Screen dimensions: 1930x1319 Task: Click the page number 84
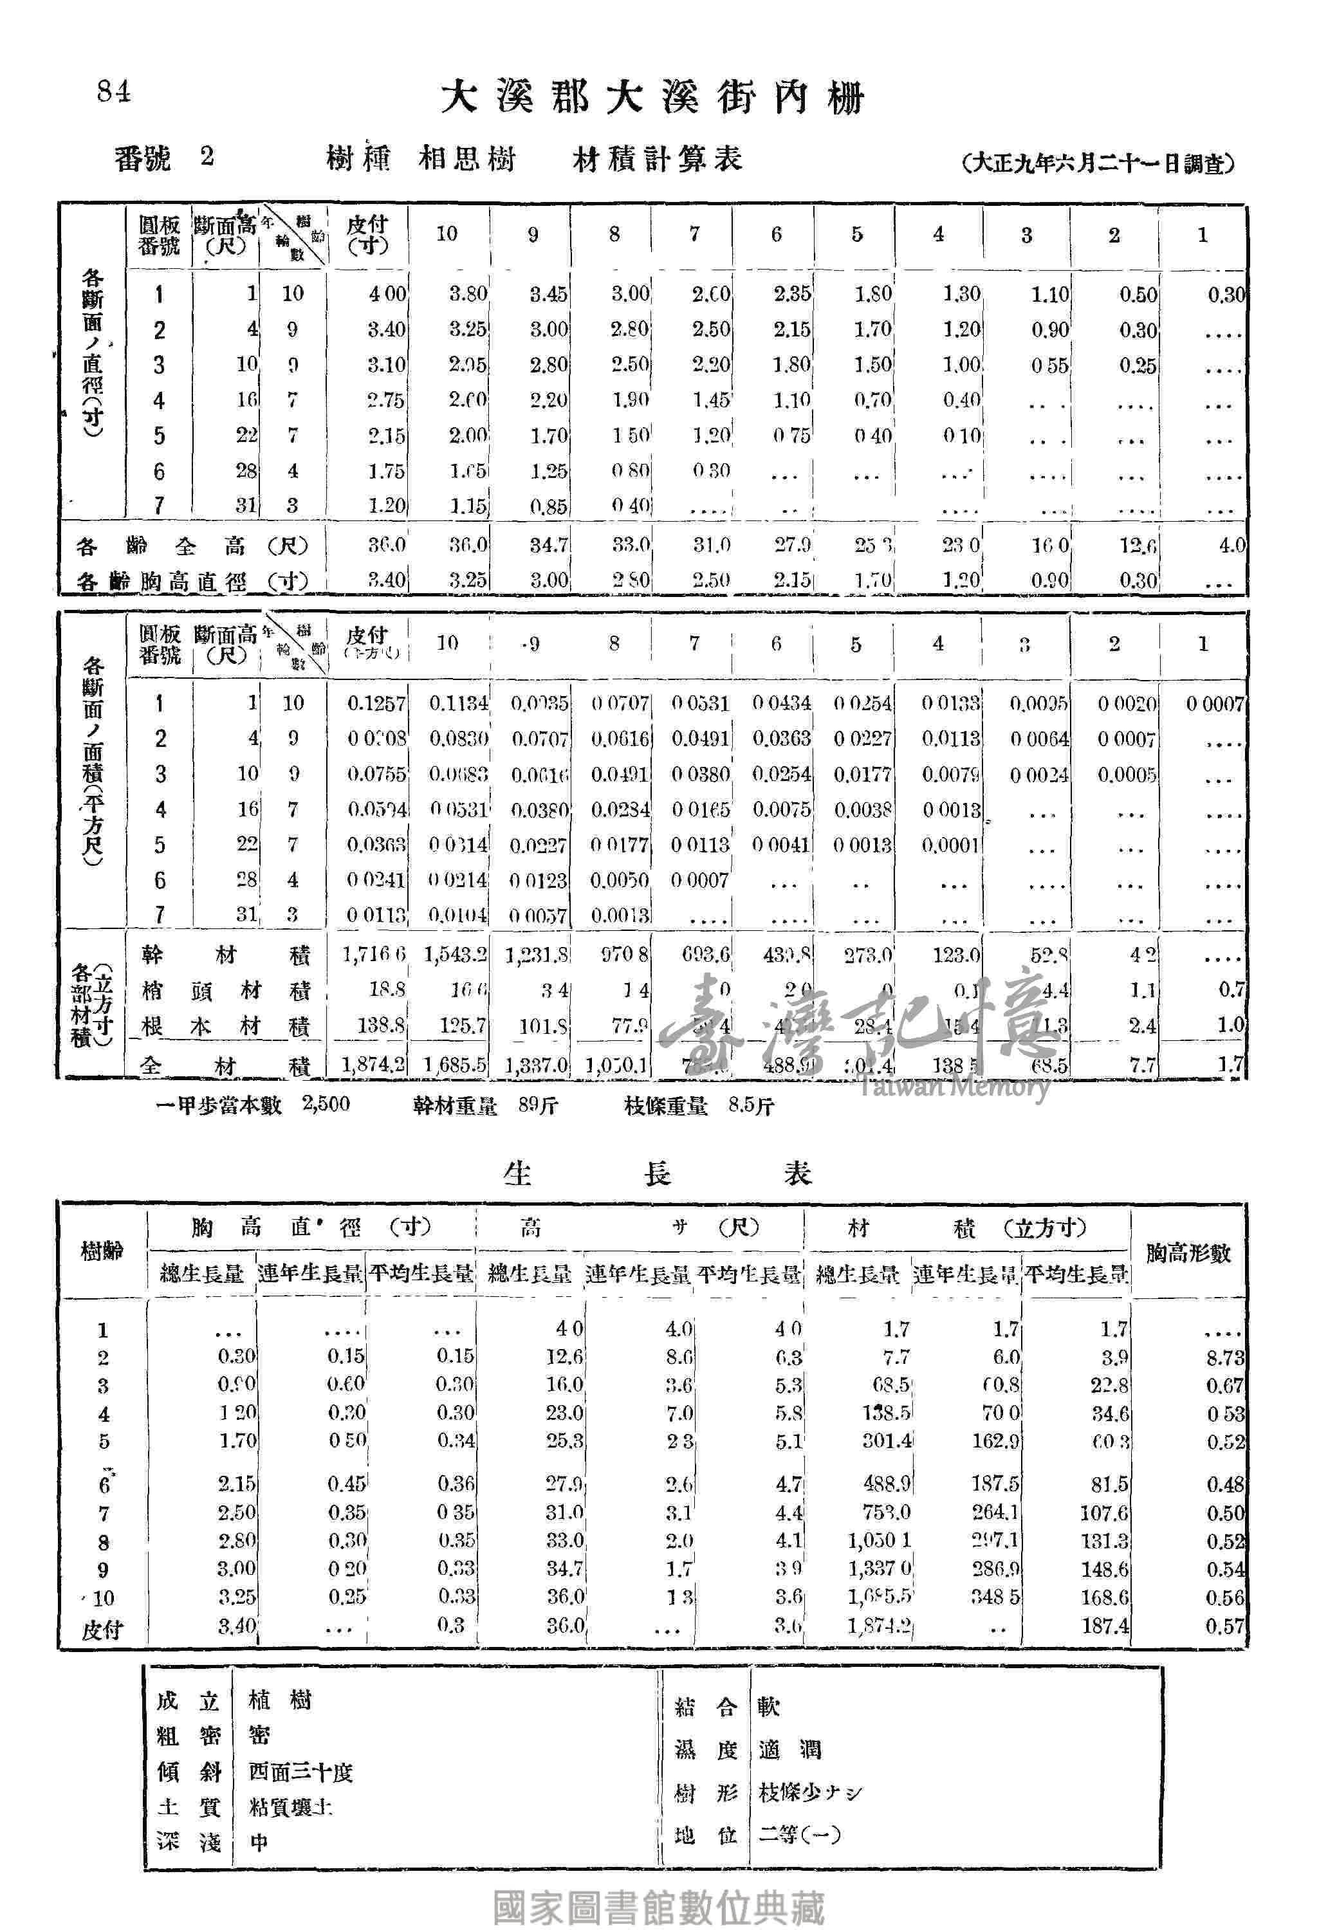tap(113, 91)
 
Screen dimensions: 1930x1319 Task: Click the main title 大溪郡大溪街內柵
tap(652, 98)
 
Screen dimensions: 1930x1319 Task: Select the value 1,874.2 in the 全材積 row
tap(373, 1064)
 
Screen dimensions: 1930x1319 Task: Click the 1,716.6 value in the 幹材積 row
tap(374, 955)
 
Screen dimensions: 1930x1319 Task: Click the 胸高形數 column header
tap(1188, 1253)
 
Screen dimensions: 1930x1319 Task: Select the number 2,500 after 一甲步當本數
tap(326, 1105)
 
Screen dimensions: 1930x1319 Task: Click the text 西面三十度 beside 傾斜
tap(300, 1773)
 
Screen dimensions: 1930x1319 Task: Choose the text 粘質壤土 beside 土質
tap(291, 1807)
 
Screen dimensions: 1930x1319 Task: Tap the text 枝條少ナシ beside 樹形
tap(810, 1792)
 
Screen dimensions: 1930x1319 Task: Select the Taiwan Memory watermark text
tap(953, 1085)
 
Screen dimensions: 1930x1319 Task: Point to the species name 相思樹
tap(467, 159)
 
